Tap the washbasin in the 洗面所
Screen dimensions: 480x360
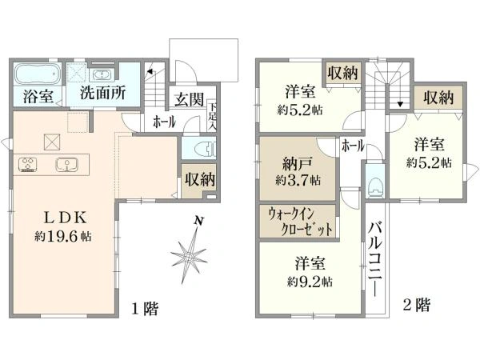(x=102, y=74)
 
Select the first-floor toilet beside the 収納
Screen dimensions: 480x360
(x=206, y=149)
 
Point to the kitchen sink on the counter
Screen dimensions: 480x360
(x=66, y=164)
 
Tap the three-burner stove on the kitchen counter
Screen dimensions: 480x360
(x=28, y=164)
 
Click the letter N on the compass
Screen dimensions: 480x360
(x=199, y=221)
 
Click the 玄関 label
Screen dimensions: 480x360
(x=189, y=99)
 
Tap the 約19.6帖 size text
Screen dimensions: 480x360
(x=63, y=236)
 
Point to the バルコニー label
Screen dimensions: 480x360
(x=375, y=259)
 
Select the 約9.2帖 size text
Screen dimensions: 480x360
(x=310, y=282)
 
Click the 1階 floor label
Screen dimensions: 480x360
(x=145, y=308)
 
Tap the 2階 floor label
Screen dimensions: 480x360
(x=417, y=305)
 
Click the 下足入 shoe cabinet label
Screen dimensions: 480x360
(x=212, y=116)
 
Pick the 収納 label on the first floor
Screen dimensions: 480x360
(x=200, y=179)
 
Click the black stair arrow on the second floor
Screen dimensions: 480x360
(x=400, y=104)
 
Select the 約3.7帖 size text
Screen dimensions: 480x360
(x=298, y=180)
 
